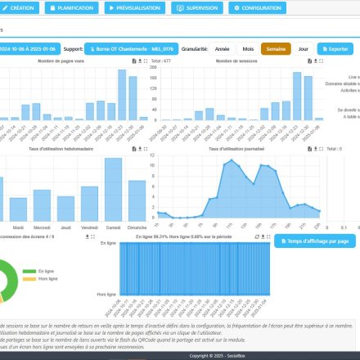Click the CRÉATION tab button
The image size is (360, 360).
[x=20, y=8]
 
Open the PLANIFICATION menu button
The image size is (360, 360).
[x=72, y=8]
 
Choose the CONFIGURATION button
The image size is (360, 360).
[x=257, y=8]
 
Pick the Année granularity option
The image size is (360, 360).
[x=220, y=49]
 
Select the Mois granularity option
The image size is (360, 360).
[x=246, y=49]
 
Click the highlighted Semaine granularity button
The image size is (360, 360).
[x=276, y=49]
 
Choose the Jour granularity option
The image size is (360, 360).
[x=304, y=49]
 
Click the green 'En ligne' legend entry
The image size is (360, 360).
[x=47, y=270]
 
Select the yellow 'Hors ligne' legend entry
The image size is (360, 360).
[x=48, y=279]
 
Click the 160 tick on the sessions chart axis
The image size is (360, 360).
[x=153, y=78]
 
